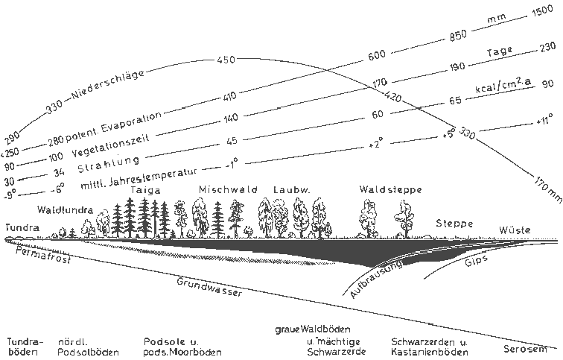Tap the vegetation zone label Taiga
(x=145, y=189)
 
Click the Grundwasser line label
(x=210, y=287)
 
